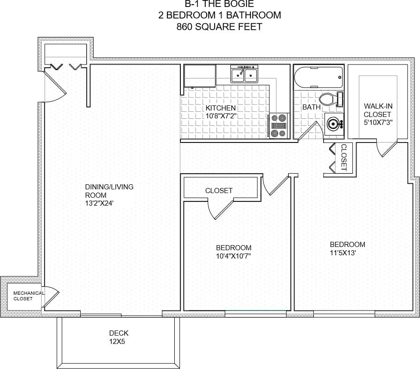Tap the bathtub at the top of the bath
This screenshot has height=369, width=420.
click(318, 78)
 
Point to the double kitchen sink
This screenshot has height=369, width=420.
click(244, 74)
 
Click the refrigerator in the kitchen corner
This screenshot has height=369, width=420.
click(200, 76)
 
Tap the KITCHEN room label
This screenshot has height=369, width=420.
click(221, 108)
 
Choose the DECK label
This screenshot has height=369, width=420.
click(119, 333)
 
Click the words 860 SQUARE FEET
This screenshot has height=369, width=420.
click(219, 27)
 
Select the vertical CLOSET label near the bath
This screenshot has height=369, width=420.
click(344, 158)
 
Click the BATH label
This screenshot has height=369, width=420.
click(311, 107)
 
